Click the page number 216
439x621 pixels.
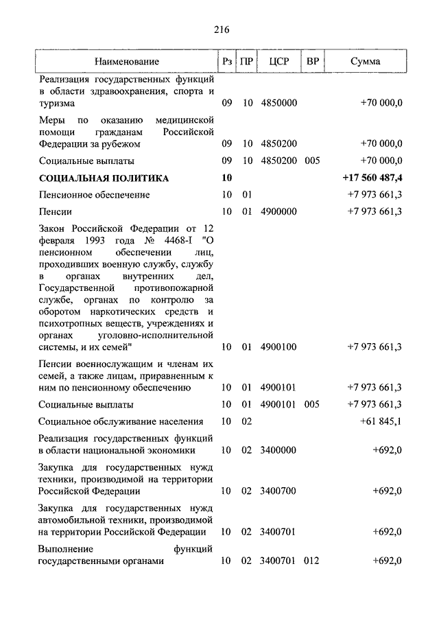click(220, 30)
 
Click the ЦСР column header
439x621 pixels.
click(280, 62)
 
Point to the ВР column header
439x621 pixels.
click(313, 62)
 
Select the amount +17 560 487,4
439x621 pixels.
click(372, 178)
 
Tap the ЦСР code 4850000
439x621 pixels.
click(278, 104)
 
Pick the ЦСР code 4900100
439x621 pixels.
click(278, 347)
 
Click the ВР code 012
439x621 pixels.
click(312, 561)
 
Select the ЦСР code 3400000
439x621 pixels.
click(278, 450)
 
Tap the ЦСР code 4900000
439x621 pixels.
click(278, 211)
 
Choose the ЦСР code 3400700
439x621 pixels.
click(278, 491)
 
